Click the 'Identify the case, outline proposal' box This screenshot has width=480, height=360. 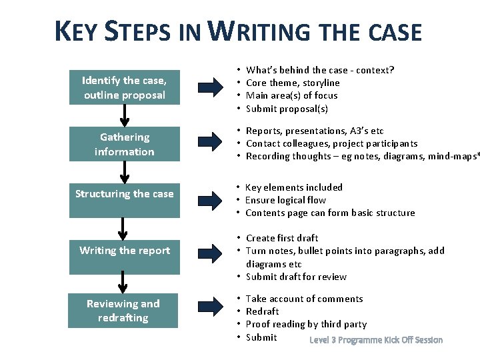(x=124, y=87)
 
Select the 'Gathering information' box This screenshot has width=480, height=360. (x=124, y=144)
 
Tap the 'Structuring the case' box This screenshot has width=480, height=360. (x=124, y=194)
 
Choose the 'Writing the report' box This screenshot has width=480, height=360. (x=124, y=251)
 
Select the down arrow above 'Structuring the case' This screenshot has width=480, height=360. (x=124, y=173)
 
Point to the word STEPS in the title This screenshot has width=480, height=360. (x=141, y=33)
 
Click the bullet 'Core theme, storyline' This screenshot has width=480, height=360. (x=293, y=83)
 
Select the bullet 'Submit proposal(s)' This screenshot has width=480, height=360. (x=287, y=109)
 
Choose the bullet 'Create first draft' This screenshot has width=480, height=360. (x=282, y=238)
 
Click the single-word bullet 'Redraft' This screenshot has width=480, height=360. (x=263, y=311)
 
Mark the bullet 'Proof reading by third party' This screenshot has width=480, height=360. (x=306, y=324)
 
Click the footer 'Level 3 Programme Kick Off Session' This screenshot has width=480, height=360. (x=376, y=340)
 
